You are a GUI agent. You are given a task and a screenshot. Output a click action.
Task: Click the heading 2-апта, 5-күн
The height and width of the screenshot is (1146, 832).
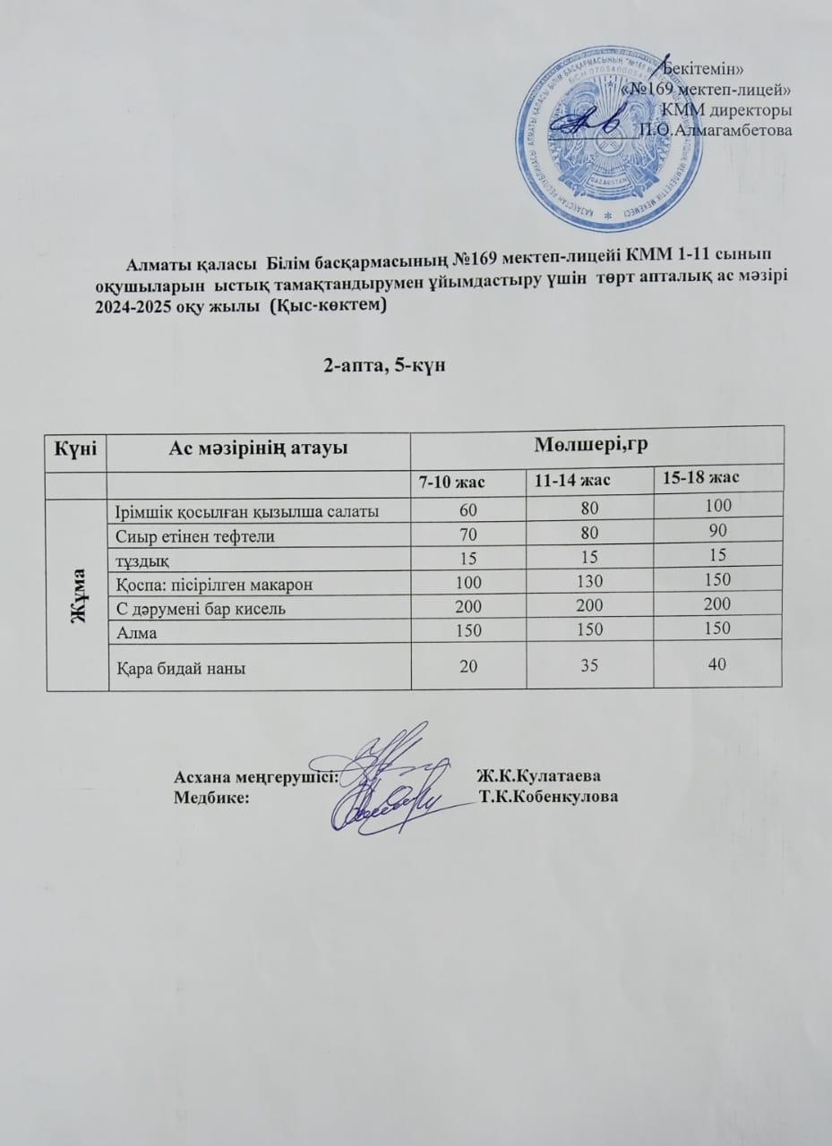(386, 364)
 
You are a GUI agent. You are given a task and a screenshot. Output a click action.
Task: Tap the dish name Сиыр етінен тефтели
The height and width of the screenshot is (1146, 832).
(194, 536)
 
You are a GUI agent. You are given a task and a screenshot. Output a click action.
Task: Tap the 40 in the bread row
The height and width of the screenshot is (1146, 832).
(716, 663)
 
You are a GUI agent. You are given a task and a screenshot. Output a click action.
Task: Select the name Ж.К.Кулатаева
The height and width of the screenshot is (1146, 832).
(537, 774)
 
